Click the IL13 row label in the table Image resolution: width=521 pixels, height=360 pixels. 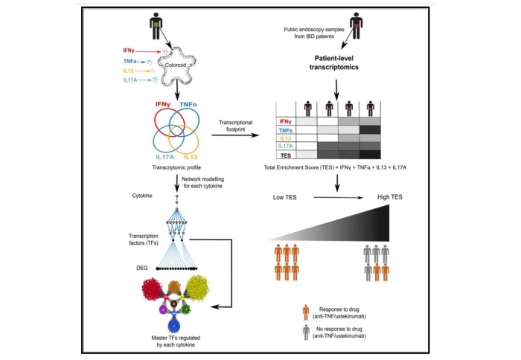[284, 138]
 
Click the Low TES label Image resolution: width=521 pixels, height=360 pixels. [287, 197]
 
